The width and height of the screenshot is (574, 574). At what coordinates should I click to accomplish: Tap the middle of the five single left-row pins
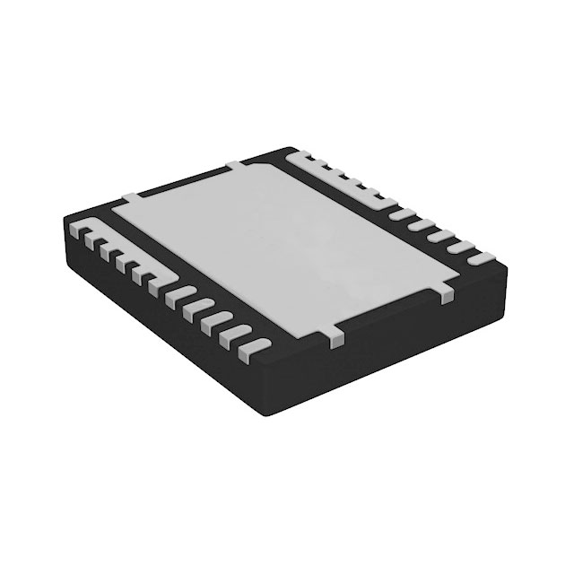pos(215,317)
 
